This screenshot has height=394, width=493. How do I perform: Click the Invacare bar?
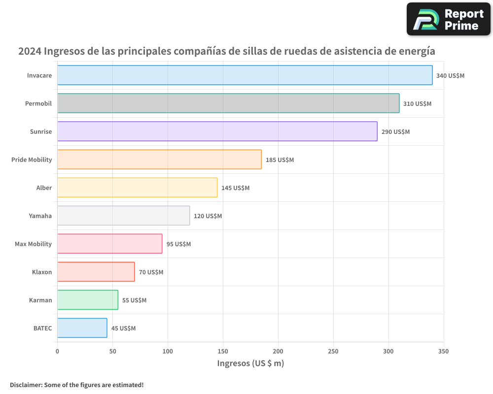pyautogui.click(x=245, y=75)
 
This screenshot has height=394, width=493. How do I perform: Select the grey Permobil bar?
pyautogui.click(x=228, y=103)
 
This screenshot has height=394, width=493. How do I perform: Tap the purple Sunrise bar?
pyautogui.click(x=217, y=131)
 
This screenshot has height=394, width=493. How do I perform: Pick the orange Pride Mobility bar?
pyautogui.click(x=159, y=160)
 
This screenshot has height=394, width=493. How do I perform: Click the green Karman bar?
pyautogui.click(x=88, y=300)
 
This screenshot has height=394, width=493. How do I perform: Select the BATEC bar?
pyautogui.click(x=82, y=328)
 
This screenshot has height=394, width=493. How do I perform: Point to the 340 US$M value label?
pyautogui.click(x=450, y=76)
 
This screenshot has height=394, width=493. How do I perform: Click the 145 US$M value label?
pyautogui.click(x=235, y=188)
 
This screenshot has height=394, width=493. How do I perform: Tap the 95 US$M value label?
pyautogui.click(x=178, y=244)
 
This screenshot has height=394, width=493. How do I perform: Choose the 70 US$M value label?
pyautogui.click(x=151, y=272)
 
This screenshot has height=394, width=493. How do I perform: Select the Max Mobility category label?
pyautogui.click(x=33, y=244)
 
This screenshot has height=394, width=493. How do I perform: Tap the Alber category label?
pyautogui.click(x=44, y=188)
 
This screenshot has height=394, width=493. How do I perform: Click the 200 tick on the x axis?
pyautogui.click(x=278, y=351)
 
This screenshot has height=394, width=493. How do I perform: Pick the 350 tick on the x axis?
pyautogui.click(x=443, y=351)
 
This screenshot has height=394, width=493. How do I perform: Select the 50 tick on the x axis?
pyautogui.click(x=112, y=351)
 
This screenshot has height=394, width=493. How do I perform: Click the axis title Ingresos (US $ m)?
pyautogui.click(x=250, y=363)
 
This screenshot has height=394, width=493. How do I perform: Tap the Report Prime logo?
pyautogui.click(x=449, y=19)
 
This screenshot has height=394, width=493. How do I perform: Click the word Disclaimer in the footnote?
pyautogui.click(x=26, y=385)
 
